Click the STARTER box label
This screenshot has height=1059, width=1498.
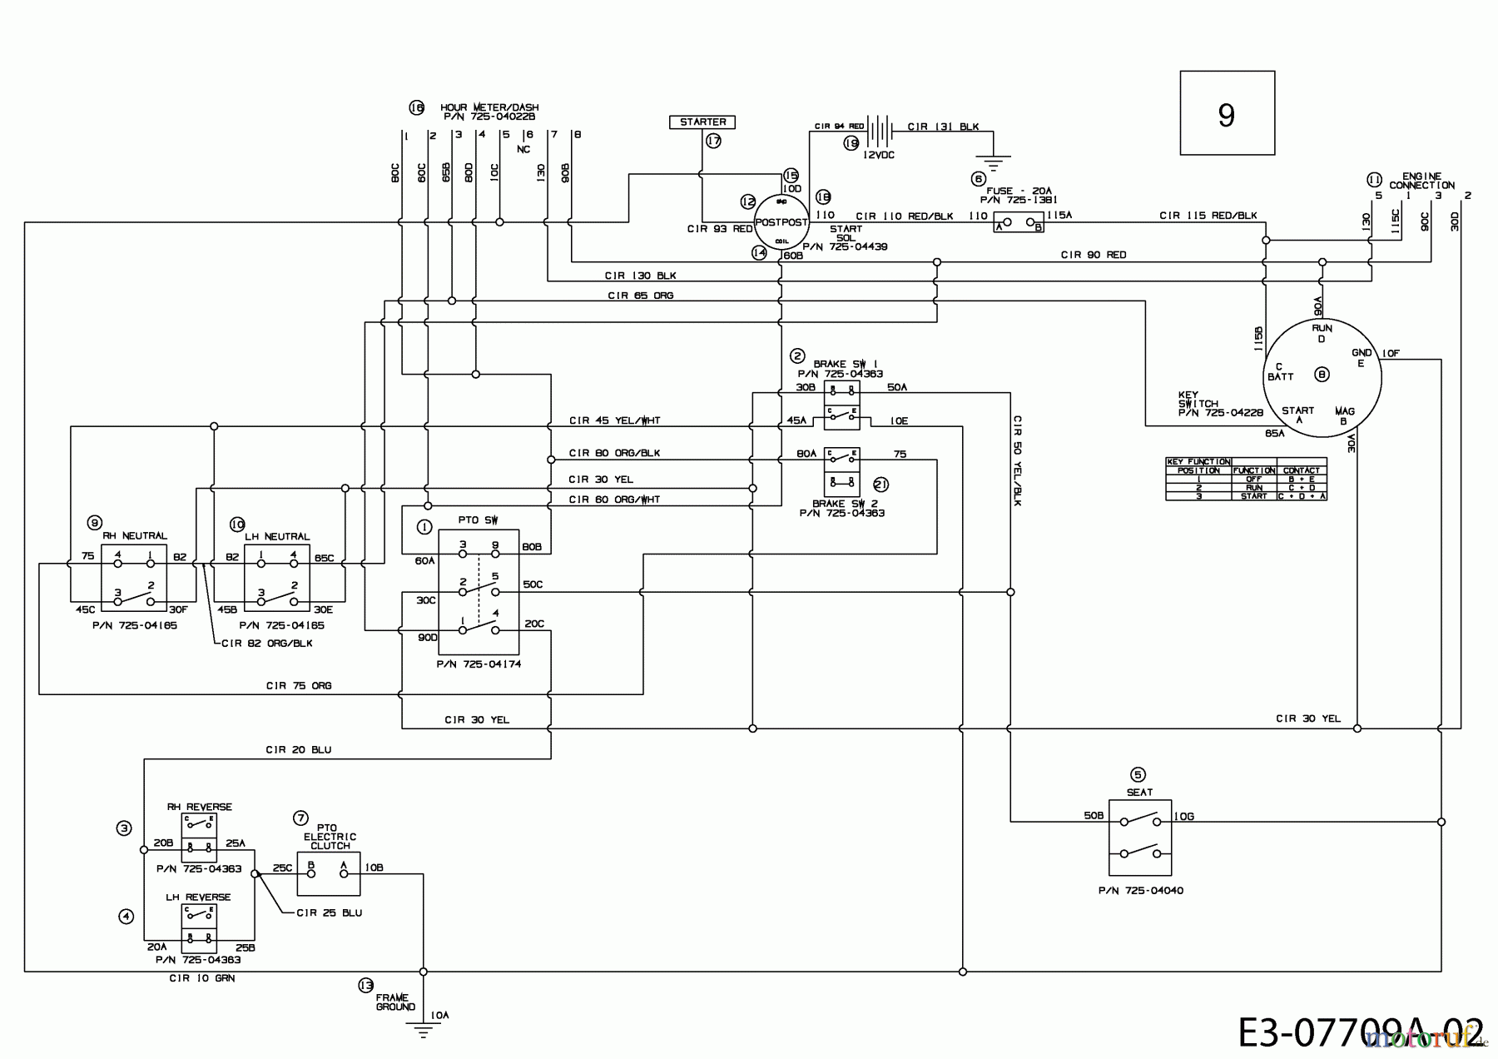click(702, 122)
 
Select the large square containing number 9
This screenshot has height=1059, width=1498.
click(1227, 113)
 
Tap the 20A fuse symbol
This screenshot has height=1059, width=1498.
click(1019, 223)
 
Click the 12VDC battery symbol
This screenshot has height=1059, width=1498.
click(878, 129)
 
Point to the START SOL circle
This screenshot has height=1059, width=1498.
click(781, 222)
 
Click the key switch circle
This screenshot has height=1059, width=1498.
click(1322, 375)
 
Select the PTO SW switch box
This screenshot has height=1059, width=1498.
click(479, 592)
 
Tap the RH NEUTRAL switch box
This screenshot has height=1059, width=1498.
click(134, 575)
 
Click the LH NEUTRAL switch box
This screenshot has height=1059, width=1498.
click(277, 575)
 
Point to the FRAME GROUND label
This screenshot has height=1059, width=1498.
click(395, 1002)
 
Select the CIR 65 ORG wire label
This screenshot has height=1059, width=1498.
click(640, 296)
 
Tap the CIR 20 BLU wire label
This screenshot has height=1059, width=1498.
click(298, 749)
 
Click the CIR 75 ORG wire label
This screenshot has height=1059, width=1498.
click(298, 685)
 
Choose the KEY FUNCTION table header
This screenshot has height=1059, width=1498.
click(1198, 461)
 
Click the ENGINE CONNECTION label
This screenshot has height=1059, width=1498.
click(1421, 181)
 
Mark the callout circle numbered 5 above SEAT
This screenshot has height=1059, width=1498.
click(1138, 774)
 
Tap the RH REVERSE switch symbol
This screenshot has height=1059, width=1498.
click(199, 838)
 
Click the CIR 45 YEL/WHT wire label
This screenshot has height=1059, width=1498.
click(614, 420)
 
